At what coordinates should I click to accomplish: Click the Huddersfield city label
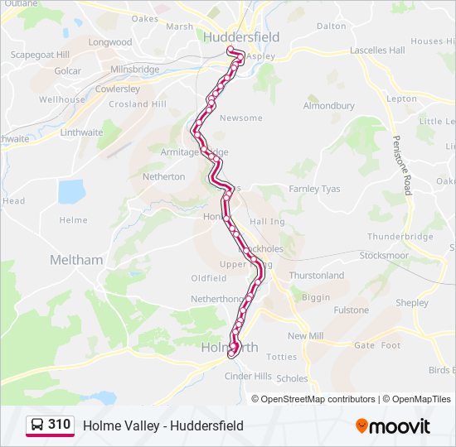point(240,37)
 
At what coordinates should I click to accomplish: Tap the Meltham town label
point(76,260)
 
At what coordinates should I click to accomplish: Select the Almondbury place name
point(328,106)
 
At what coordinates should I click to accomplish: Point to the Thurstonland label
point(316,276)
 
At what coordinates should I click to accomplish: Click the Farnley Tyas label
point(314,189)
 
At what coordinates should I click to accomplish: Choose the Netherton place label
point(164,176)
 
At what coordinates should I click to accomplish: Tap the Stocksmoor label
point(384,256)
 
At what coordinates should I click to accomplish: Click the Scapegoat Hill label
point(40,55)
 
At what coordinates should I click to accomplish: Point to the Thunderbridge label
point(400,236)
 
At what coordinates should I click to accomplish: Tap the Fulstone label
point(351,310)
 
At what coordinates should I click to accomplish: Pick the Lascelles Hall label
point(377,50)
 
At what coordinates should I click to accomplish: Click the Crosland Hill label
point(138,104)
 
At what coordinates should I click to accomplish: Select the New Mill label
point(305,336)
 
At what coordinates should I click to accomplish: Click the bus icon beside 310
point(37,425)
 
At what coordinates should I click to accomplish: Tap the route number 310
point(59,425)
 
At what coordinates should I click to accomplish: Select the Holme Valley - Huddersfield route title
point(163,425)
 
